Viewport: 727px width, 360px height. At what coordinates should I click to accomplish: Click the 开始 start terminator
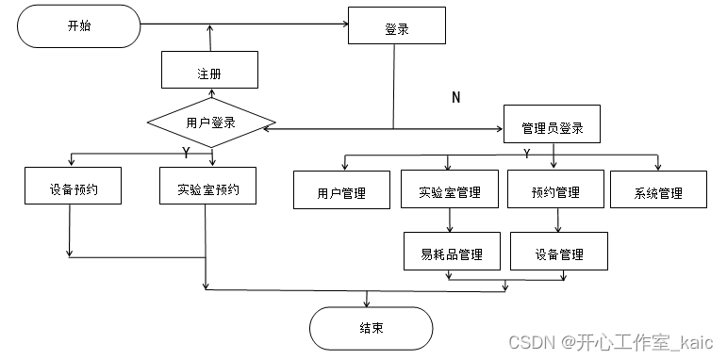(x=79, y=26)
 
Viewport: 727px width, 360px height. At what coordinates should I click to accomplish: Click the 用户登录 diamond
(x=210, y=123)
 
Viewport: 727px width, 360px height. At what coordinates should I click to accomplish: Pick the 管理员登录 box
(x=552, y=127)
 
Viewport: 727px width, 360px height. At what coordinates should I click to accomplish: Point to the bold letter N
(x=456, y=98)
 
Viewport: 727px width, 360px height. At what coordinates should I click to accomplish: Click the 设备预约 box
(x=73, y=187)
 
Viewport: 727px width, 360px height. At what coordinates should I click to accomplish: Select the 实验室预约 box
(x=207, y=187)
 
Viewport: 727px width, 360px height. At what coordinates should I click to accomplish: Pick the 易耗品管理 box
(x=451, y=253)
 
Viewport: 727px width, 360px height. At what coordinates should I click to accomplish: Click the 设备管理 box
(x=558, y=253)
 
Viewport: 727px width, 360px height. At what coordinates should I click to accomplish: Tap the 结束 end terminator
(x=371, y=328)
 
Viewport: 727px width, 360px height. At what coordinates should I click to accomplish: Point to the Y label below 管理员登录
(x=526, y=153)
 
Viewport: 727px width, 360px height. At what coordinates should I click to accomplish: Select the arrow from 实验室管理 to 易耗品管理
(x=450, y=221)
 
